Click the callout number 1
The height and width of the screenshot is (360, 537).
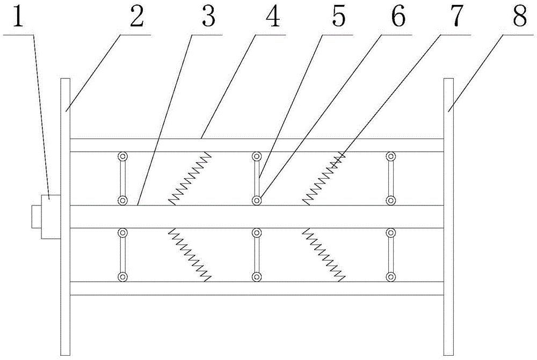(19, 18)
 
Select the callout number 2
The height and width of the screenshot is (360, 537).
(136, 18)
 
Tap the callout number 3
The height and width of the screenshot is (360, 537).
(208, 18)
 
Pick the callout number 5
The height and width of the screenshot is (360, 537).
(338, 18)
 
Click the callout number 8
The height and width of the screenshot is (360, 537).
(519, 18)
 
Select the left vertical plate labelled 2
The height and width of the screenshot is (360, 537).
(66, 215)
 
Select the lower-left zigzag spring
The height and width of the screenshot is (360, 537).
(190, 254)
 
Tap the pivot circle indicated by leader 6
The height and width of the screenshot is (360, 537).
(257, 201)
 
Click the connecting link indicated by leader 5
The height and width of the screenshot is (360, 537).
(257, 179)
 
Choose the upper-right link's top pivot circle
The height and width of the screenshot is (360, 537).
(391, 157)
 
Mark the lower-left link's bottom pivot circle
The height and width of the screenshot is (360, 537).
(123, 277)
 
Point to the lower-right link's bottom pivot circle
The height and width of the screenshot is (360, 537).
(391, 277)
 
